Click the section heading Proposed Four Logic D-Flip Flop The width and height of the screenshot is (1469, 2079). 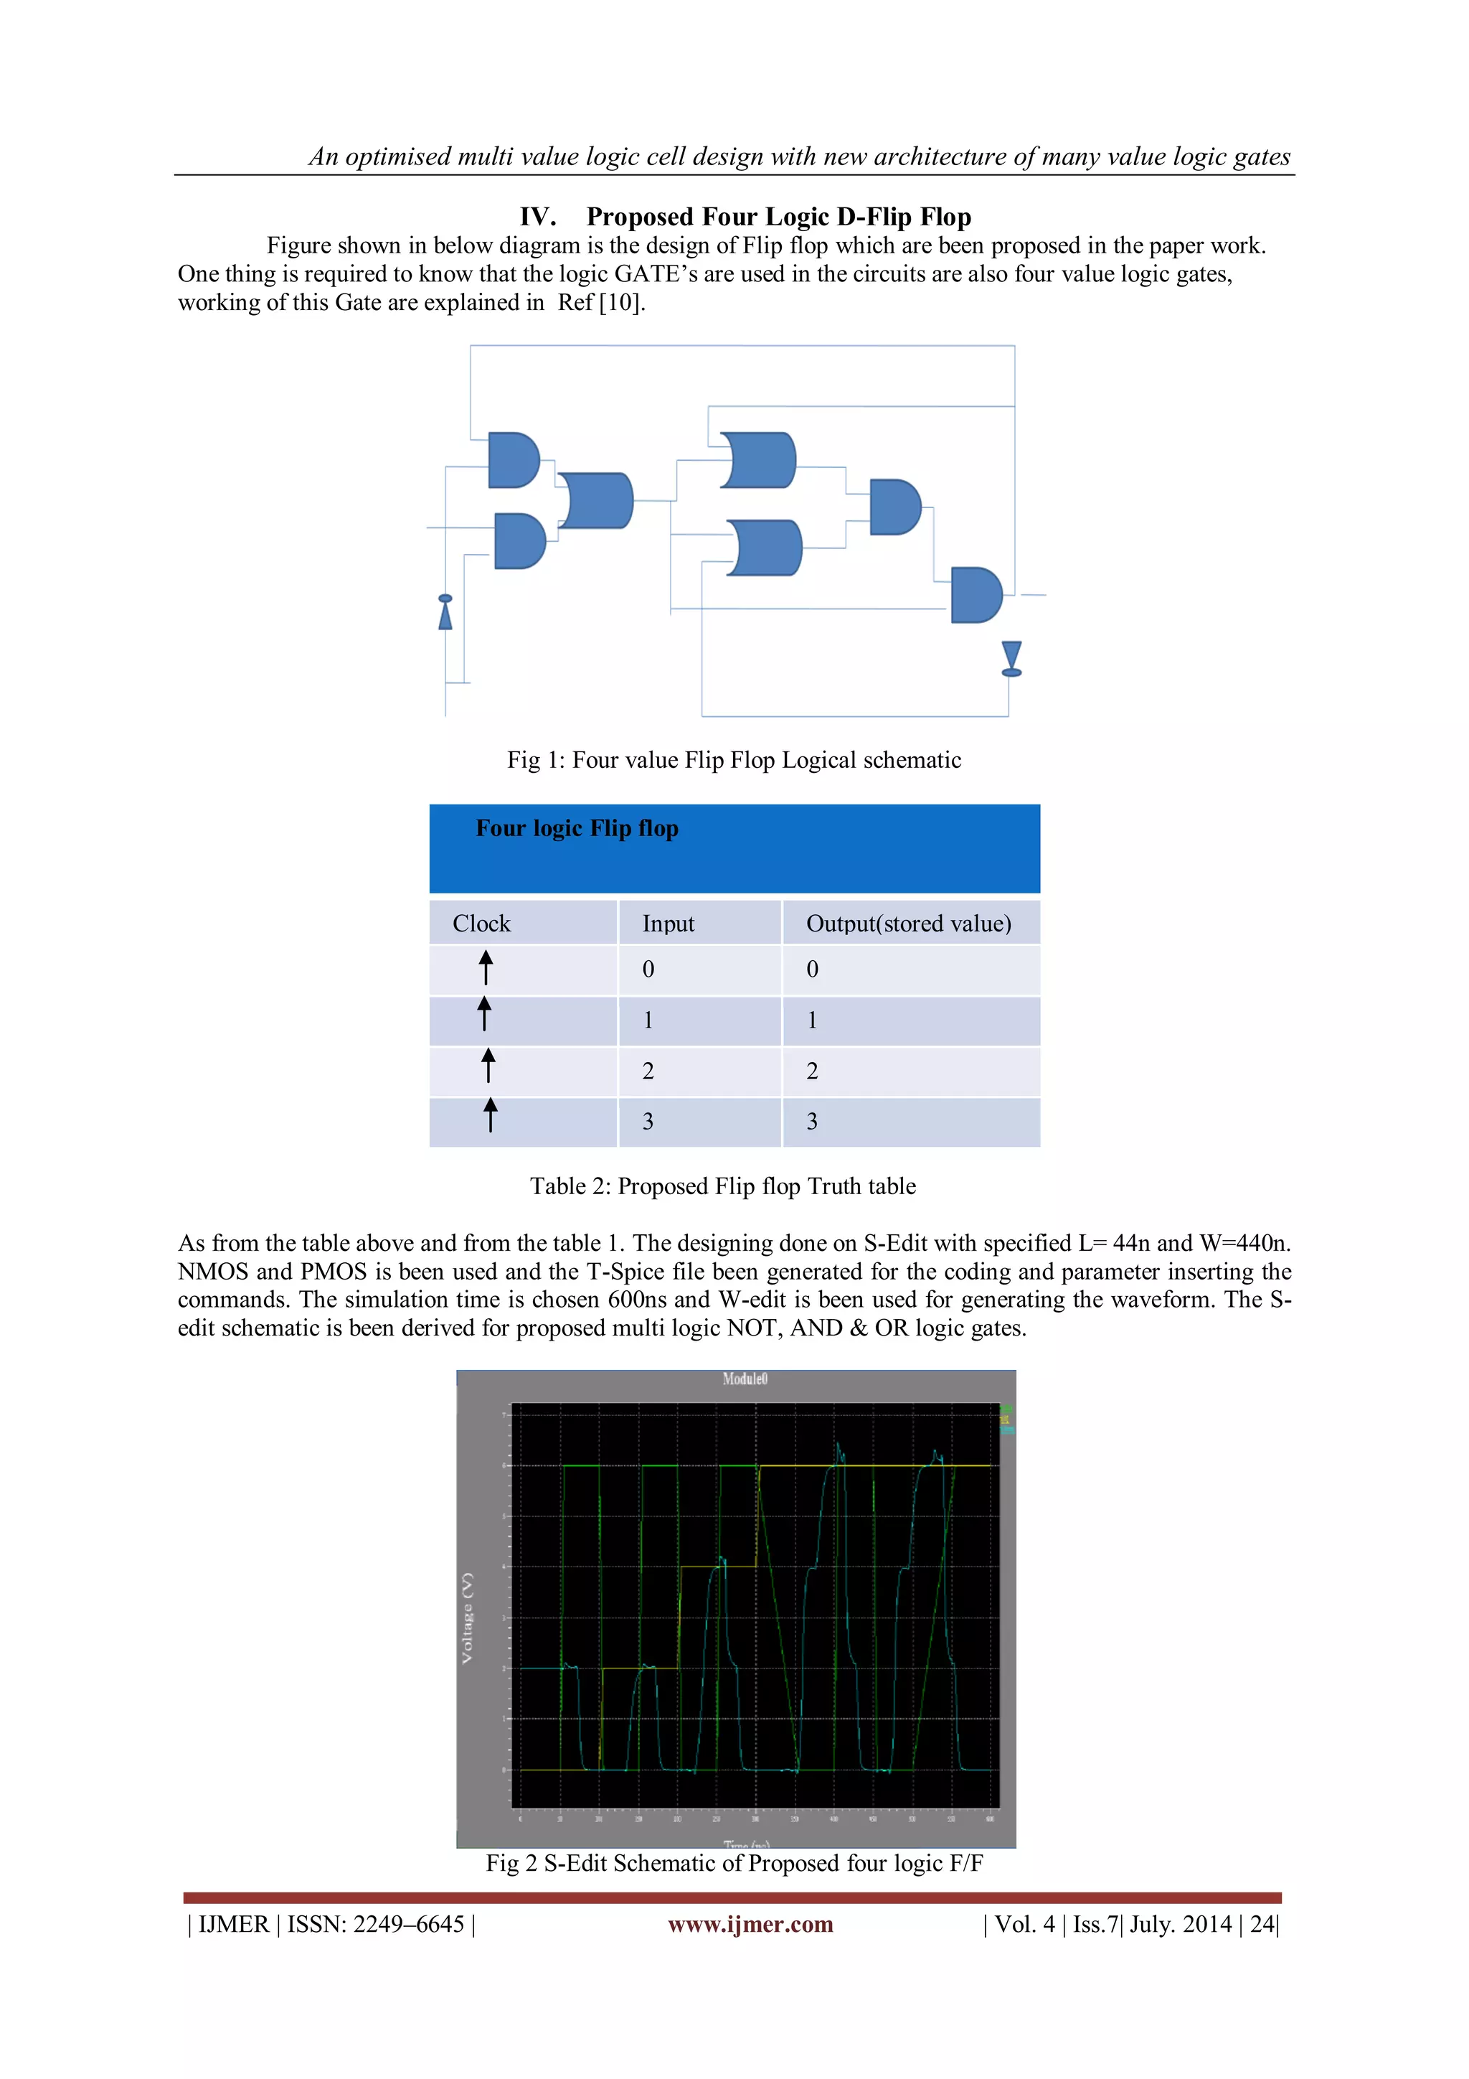(x=778, y=217)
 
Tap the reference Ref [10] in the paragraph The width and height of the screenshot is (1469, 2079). (x=601, y=302)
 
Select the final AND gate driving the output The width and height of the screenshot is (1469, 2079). (x=976, y=595)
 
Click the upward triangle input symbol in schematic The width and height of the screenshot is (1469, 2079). (x=445, y=613)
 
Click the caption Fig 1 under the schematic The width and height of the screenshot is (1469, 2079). (x=733, y=760)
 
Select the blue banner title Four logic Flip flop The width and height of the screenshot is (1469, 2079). (x=577, y=829)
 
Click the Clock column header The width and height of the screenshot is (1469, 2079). (x=481, y=924)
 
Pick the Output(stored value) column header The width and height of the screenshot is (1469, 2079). (x=908, y=924)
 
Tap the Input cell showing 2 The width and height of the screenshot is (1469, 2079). (x=648, y=1071)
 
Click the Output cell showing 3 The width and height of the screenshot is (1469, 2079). (x=812, y=1122)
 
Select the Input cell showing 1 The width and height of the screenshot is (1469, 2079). (x=648, y=1020)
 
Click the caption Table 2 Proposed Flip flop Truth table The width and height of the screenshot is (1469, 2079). (x=722, y=1186)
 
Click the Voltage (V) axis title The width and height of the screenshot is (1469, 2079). (x=467, y=1618)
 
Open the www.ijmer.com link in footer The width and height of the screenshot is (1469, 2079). (x=750, y=1924)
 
